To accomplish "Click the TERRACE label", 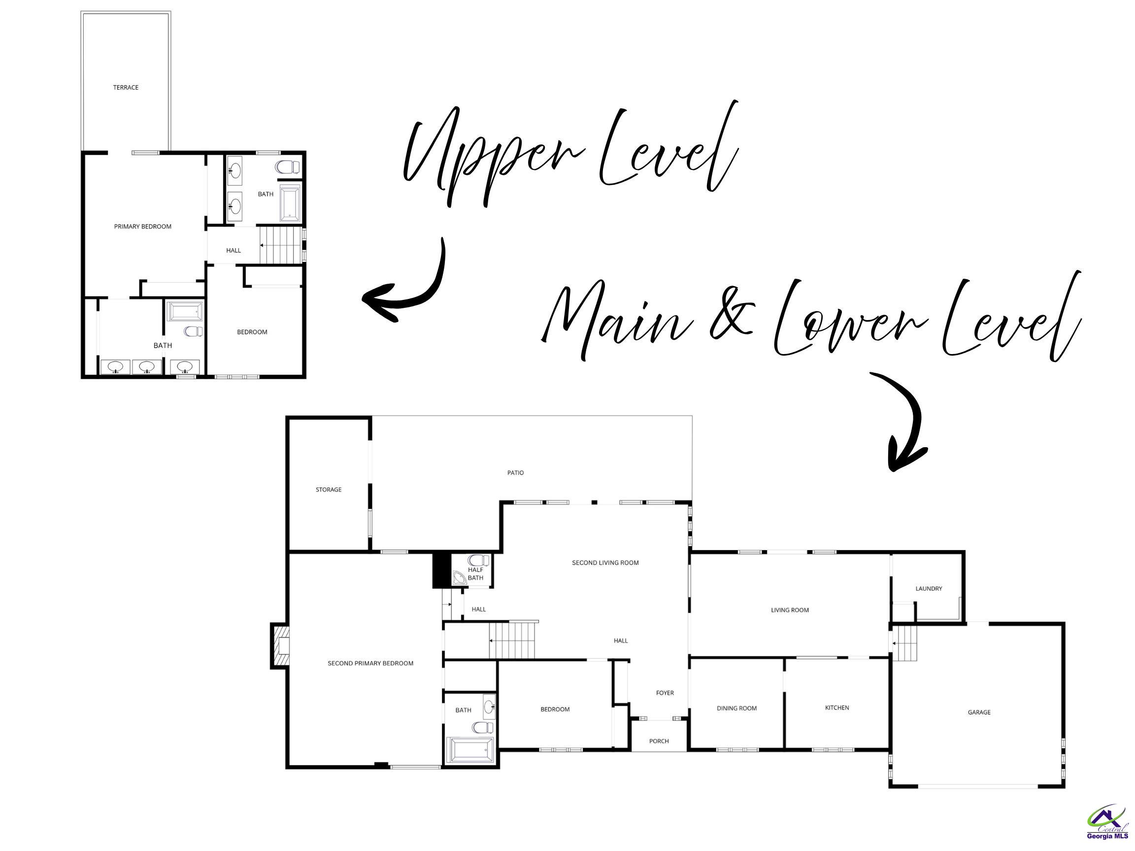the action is coord(126,88).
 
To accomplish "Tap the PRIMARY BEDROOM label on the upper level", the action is coord(143,227).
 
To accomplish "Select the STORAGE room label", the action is coord(329,490).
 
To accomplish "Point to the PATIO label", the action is coord(516,473).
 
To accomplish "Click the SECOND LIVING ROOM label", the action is coord(605,563).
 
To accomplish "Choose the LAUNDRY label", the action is coord(929,589).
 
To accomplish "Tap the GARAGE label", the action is coord(979,712).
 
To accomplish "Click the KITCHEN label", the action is coord(837,707).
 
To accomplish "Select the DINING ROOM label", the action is coord(737,708).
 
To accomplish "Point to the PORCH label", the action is coord(659,741).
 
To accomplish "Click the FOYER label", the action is coord(665,692).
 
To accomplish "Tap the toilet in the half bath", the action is coord(479,560).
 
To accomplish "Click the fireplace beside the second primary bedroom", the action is coord(279,646).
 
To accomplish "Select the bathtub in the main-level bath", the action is coord(470,751).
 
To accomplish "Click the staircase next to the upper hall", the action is coord(280,245).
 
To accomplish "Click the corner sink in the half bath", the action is coord(459,578).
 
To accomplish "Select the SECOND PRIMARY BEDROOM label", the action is coord(370,663).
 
